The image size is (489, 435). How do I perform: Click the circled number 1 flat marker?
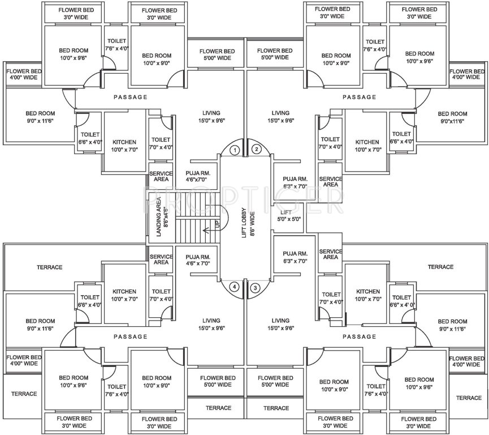coord(236,150)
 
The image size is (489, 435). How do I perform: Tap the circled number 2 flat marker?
coord(256,150)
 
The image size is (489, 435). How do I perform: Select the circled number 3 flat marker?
coord(256,287)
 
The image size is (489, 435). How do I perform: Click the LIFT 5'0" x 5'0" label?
coord(289,215)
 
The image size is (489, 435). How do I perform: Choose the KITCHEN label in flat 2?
coord(367,146)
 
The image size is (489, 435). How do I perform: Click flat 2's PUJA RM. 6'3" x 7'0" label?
coord(295,182)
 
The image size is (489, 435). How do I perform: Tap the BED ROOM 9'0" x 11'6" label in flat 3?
coord(452,325)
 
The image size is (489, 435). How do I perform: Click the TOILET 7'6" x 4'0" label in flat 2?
coord(375,45)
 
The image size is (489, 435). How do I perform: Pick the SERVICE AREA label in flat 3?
coord(331,254)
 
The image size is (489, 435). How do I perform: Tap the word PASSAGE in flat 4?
coord(131,336)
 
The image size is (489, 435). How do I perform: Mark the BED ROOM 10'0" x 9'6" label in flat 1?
coord(72,54)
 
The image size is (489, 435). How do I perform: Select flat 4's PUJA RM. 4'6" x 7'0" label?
coord(197,259)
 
